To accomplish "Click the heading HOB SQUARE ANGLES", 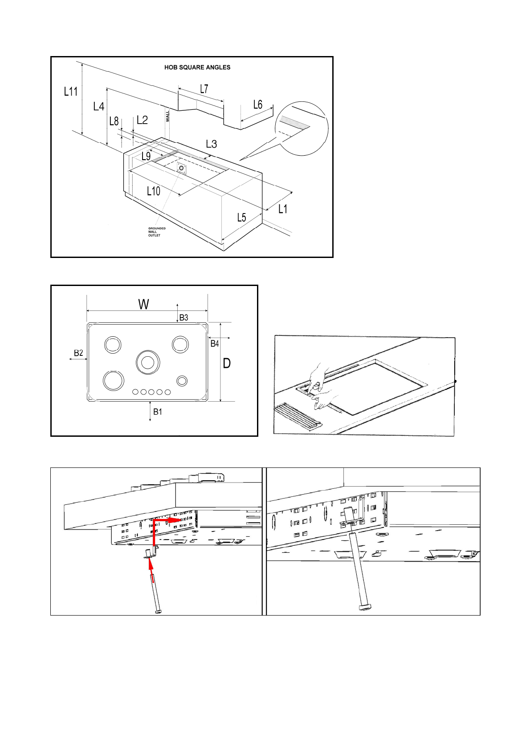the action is point(197,68).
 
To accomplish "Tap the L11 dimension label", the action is point(71,92).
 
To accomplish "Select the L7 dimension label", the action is point(204,89).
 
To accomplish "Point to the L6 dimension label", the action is point(257,105).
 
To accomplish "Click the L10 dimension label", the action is point(154,191).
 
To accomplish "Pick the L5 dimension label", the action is point(241,217).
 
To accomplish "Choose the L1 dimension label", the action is point(283,209).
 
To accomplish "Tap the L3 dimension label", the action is point(211,144).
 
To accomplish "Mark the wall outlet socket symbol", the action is point(181,168).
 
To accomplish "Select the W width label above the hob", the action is point(143,304).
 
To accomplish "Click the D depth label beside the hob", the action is point(227,363).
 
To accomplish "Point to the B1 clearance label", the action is point(158,412).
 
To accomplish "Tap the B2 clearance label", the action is point(78,353).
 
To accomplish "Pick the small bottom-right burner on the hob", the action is point(182,381).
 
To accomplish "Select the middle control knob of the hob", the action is point(151,392).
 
